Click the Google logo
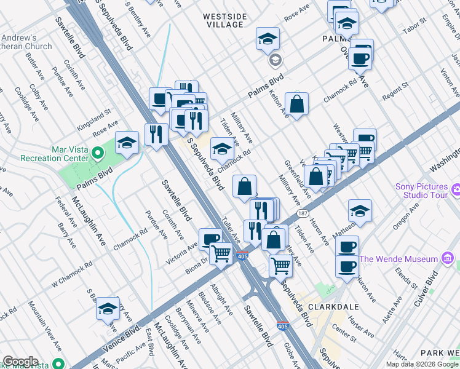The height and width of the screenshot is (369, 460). pyautogui.click(x=20, y=362)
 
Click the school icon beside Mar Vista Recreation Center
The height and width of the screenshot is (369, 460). pyautogui.click(x=127, y=144)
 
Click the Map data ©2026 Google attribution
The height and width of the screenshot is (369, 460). pyautogui.click(x=422, y=364)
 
